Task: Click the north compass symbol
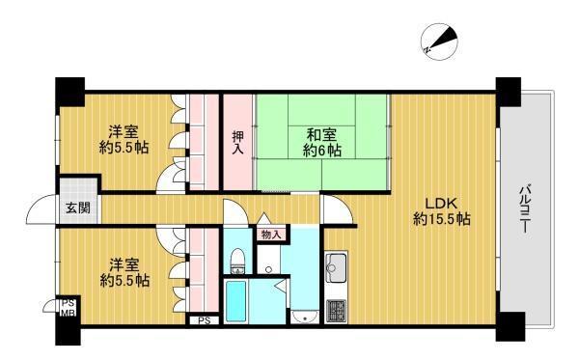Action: tap(439, 42)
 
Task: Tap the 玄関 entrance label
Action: tap(78, 208)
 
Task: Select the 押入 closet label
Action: tap(237, 143)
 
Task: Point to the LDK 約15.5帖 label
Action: tap(442, 211)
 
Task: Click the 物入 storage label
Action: tap(271, 235)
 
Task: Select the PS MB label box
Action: tap(69, 308)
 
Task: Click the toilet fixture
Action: tap(237, 261)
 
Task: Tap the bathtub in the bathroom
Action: tap(235, 301)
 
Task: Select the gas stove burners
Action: tap(336, 311)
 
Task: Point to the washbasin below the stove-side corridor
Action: tap(304, 318)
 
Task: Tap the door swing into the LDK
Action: tap(337, 209)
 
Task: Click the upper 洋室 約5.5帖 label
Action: tap(124, 140)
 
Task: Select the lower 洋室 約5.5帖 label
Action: tap(124, 273)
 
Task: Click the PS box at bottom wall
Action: tap(205, 320)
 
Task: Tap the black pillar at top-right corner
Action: tap(509, 92)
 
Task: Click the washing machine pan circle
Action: tap(269, 269)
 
